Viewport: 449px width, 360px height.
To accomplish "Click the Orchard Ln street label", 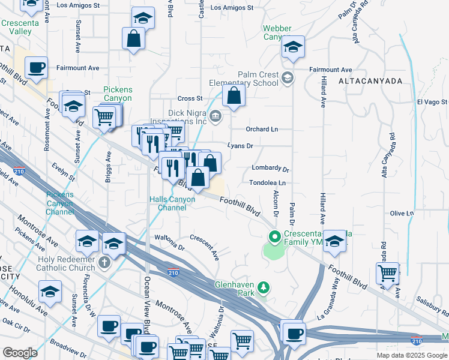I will [x=262, y=129].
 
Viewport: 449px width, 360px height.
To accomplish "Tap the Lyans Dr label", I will [x=241, y=146].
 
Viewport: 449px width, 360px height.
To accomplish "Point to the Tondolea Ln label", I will [x=268, y=183].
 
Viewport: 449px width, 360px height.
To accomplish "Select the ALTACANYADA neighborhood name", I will [x=370, y=80].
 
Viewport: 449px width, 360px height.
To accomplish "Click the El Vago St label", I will [x=432, y=103].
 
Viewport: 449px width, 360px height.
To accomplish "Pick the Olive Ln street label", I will [x=402, y=213].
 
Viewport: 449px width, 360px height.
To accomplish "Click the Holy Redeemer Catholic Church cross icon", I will [x=104, y=262].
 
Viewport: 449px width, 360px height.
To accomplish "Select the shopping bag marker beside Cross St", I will [x=234, y=96].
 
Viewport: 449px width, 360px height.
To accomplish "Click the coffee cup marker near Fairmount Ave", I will [x=36, y=67].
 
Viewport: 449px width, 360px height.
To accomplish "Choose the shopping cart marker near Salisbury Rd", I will [x=388, y=273].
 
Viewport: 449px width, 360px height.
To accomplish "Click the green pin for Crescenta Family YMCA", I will [x=276, y=237].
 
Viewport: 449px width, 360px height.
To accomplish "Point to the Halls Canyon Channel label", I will [x=172, y=203].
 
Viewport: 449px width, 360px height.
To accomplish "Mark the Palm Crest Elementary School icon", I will [x=288, y=77].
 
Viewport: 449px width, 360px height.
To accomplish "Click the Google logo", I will [x=20, y=353].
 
